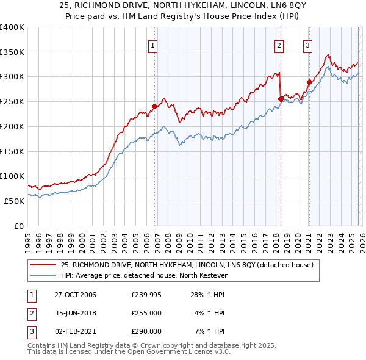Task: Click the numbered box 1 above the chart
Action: coord(152,45)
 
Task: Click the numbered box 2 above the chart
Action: coord(279,45)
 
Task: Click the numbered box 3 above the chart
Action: coord(307,45)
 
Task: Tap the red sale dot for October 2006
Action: coord(154,106)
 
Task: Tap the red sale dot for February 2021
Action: coord(309,81)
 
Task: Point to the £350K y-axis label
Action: coord(12,52)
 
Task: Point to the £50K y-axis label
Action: coord(13,201)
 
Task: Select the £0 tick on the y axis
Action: coord(18,226)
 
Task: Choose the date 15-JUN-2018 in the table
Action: coord(75,313)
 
